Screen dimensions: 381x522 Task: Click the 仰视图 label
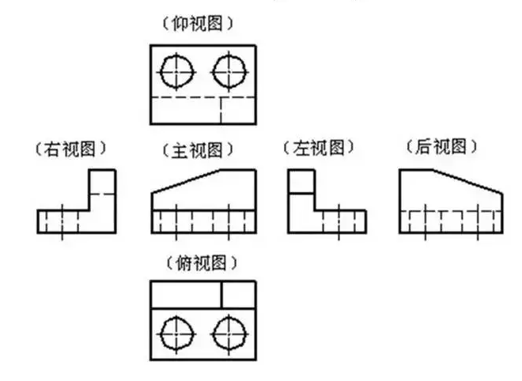point(202,24)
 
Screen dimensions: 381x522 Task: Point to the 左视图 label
point(318,148)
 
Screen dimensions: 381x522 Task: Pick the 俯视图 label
point(202,262)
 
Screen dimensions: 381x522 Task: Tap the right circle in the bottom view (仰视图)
point(229,71)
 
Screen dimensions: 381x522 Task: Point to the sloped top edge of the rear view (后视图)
point(467,180)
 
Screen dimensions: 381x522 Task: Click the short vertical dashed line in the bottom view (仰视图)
point(221,111)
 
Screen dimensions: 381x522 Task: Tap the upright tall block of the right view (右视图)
point(103,190)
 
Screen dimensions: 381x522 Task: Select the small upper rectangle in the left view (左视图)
point(301,182)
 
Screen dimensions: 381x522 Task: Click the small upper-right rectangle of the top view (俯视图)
point(238,295)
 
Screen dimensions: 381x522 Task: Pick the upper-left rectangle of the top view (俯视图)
point(185,295)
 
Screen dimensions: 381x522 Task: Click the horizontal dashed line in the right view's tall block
point(103,194)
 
